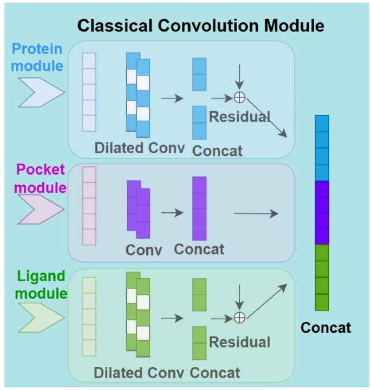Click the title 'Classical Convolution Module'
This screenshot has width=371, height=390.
click(200, 25)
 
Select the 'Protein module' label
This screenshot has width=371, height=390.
click(37, 57)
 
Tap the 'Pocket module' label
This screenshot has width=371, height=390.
click(41, 179)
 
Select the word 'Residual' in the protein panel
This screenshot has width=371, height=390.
click(239, 116)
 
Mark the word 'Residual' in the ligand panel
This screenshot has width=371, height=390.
click(239, 342)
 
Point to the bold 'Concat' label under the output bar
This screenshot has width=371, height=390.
click(326, 327)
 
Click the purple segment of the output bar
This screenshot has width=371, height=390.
click(322, 212)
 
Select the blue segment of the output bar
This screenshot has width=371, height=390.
click(322, 147)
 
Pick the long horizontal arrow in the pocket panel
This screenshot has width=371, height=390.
click(255, 213)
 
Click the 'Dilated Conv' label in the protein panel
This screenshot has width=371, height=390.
click(140, 147)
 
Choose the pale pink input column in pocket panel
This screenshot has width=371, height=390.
click(89, 206)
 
